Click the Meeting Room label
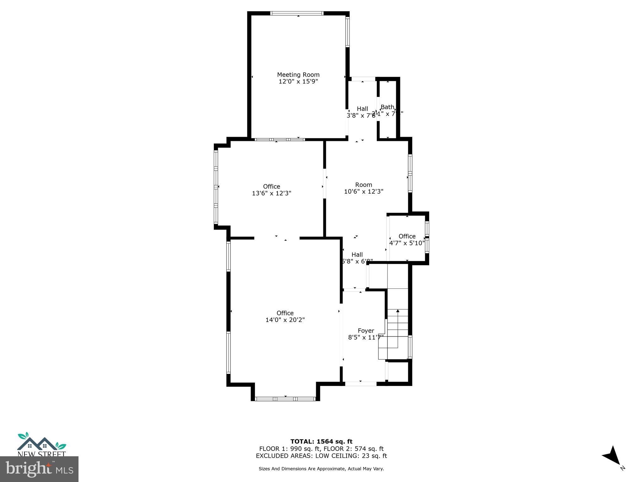(298, 75)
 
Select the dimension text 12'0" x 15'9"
(298, 82)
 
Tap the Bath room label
(387, 107)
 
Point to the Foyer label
(366, 331)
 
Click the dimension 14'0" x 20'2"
(285, 320)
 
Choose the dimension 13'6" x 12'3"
(272, 193)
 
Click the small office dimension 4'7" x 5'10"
(407, 243)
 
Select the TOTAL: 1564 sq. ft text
(321, 442)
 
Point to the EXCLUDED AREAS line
(321, 456)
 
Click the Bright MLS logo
(39, 469)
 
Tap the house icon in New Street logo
(37, 444)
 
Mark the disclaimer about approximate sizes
(321, 469)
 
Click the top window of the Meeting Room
(297, 13)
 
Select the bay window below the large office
(285, 399)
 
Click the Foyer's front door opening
(360, 384)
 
